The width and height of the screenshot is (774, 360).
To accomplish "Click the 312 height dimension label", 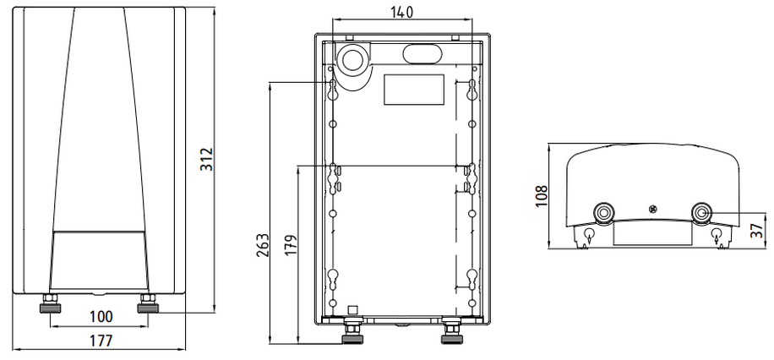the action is pyautogui.click(x=206, y=159).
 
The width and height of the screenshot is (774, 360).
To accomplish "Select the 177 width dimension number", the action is pyautogui.click(x=101, y=341).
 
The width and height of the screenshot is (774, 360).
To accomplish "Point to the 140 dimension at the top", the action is pyautogui.click(x=402, y=13).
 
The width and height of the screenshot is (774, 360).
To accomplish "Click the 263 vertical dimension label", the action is pyautogui.click(x=262, y=245).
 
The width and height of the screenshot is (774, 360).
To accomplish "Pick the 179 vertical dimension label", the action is pyautogui.click(x=292, y=245).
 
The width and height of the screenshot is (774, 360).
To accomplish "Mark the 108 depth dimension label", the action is pyautogui.click(x=542, y=195).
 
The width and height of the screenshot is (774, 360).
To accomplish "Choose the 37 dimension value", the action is pyautogui.click(x=756, y=231).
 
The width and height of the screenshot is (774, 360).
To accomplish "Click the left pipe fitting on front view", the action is pyautogui.click(x=51, y=303).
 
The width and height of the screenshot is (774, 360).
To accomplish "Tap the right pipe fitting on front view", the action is pyautogui.click(x=148, y=303).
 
